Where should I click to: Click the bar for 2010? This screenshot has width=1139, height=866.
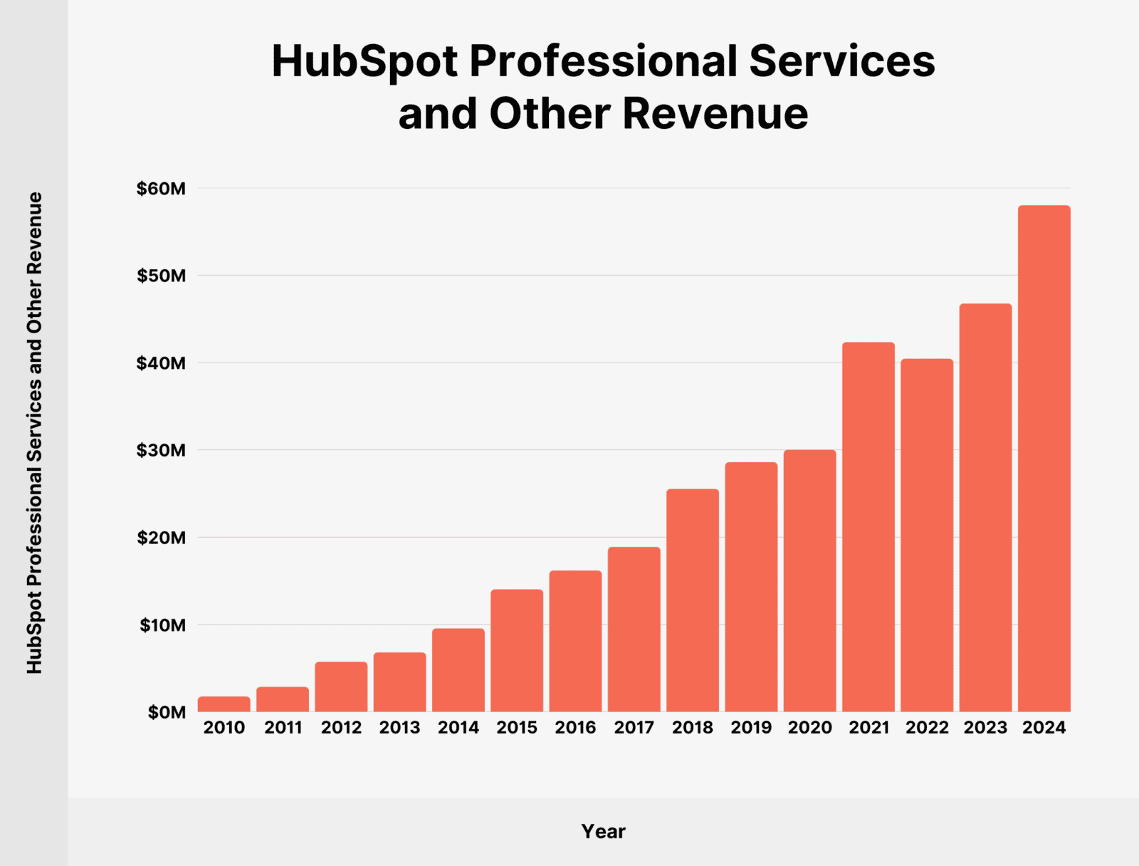tap(224, 704)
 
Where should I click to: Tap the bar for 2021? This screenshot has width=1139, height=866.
tap(868, 527)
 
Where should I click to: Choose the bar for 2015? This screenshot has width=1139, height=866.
tap(517, 651)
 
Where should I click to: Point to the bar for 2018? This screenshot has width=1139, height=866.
tap(693, 600)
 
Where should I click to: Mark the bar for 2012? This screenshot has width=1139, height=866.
tap(342, 687)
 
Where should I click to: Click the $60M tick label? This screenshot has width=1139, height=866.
tap(161, 189)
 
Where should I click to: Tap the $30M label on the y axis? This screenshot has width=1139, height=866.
tap(161, 450)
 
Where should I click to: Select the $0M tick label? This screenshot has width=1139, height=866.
tap(167, 712)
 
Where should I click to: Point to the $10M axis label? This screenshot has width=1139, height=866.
tap(162, 625)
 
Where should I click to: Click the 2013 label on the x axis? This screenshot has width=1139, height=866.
tap(399, 728)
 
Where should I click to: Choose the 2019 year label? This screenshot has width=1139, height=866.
tap(751, 728)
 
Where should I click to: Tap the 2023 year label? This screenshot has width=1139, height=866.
tap(985, 728)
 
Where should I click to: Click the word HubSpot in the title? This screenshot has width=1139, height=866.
tap(364, 61)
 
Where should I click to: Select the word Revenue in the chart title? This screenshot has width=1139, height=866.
tap(715, 114)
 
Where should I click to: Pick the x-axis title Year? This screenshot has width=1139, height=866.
tap(603, 831)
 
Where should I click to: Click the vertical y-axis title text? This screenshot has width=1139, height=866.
tap(35, 433)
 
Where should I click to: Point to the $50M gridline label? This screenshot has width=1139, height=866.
tap(161, 276)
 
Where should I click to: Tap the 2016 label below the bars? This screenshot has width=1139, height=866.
tap(575, 728)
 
